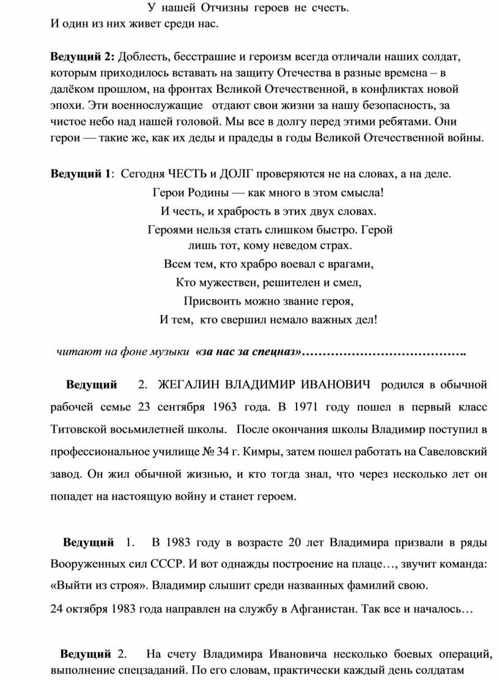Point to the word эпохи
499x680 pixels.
click(65, 104)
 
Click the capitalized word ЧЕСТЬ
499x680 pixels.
click(189, 174)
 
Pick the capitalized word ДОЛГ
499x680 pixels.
click(236, 174)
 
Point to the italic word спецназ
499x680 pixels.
click(276, 352)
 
